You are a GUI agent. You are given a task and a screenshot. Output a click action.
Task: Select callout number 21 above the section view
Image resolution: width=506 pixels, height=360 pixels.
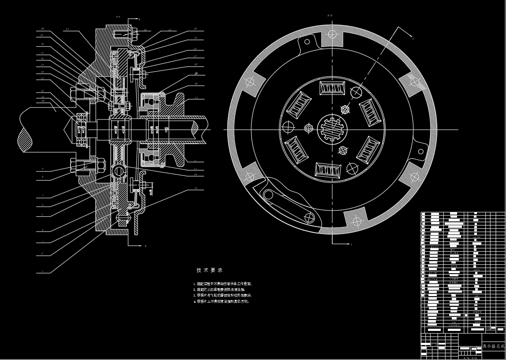click(x=67, y=29)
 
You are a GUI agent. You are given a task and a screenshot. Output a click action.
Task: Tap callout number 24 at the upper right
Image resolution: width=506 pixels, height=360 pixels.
click(x=195, y=29)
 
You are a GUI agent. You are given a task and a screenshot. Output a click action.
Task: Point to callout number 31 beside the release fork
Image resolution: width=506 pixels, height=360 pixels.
click(x=196, y=98)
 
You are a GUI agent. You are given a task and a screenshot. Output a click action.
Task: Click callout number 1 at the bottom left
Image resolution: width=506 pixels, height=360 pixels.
click(x=42, y=271)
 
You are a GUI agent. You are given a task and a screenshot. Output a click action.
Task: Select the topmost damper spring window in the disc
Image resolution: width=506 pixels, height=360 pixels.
click(x=332, y=88)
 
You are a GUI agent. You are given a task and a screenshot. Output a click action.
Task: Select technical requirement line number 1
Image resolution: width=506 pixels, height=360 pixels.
click(x=223, y=284)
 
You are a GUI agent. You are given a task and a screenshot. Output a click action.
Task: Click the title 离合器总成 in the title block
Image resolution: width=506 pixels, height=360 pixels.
click(x=493, y=347)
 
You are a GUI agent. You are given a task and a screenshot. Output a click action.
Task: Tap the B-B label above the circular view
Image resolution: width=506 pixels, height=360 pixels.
click(x=330, y=16)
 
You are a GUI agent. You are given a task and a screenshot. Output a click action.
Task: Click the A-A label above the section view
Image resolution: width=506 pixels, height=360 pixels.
click(x=118, y=17)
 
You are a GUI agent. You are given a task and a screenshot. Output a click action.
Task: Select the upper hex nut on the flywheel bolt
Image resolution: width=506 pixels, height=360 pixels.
click(x=100, y=93)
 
